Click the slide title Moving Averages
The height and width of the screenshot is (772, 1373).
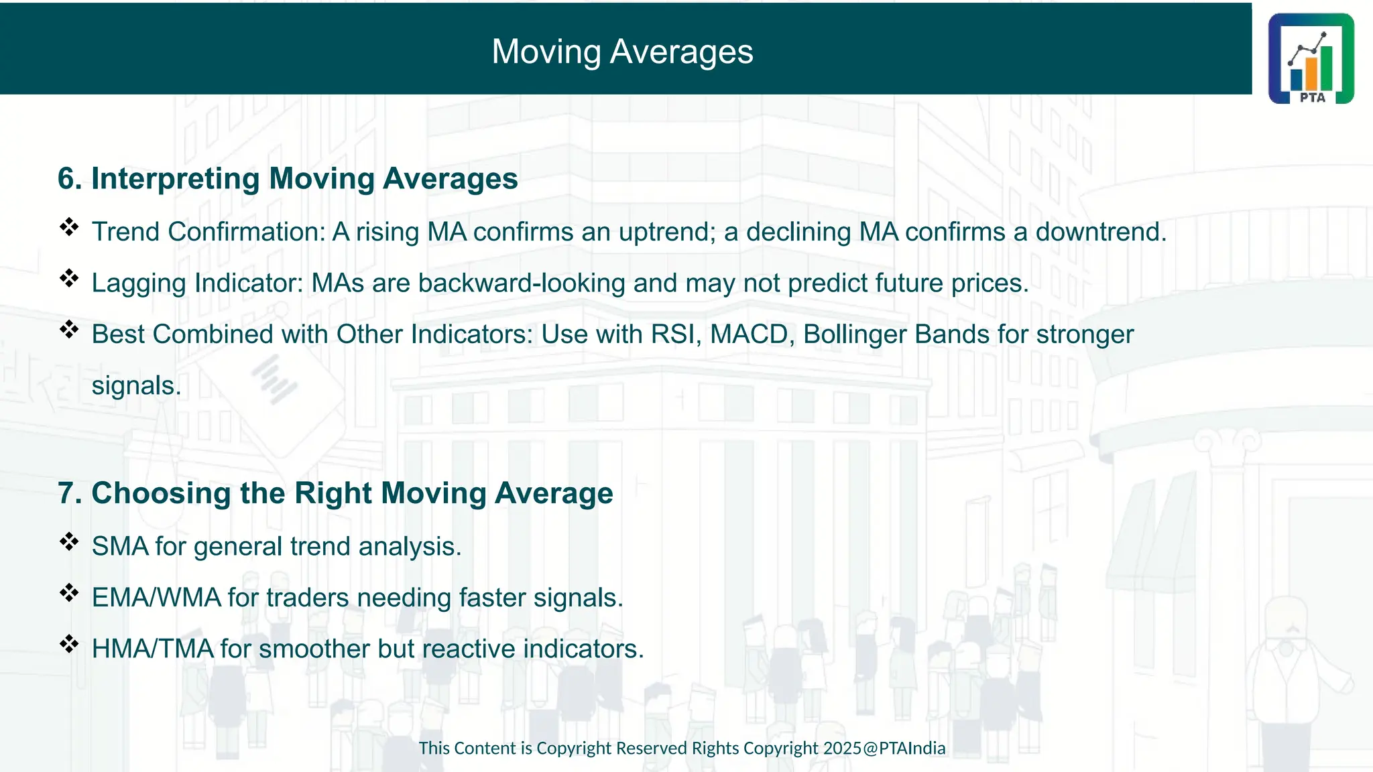(622, 52)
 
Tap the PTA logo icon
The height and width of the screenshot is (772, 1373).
(1311, 59)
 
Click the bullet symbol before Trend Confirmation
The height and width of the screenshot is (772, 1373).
(69, 227)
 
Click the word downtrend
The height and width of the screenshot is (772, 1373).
(1100, 232)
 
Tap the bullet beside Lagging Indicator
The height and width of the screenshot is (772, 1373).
(69, 278)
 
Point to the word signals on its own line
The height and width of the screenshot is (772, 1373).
(136, 386)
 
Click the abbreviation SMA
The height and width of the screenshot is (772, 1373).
(120, 547)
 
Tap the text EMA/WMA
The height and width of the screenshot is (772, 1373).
(156, 598)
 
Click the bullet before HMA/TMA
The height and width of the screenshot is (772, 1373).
(69, 645)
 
